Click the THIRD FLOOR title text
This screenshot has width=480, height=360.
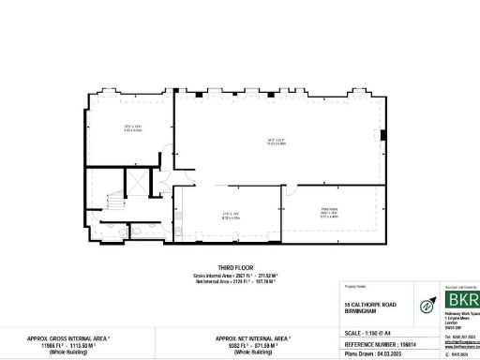pos(239,266)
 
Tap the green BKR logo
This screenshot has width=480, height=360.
pos(460,302)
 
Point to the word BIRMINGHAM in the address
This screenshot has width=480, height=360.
pos(353,310)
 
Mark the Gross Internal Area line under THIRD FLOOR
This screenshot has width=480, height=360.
pos(240,274)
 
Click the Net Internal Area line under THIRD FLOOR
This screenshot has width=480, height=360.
pos(240,280)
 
